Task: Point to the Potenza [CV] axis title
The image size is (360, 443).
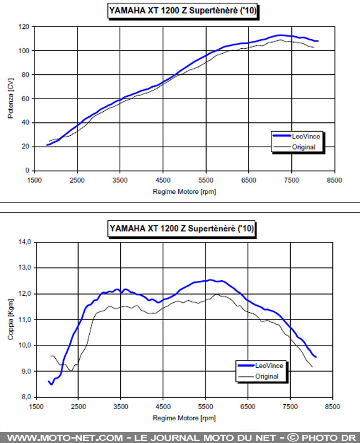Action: [x=10, y=99]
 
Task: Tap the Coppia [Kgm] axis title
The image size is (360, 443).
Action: [x=10, y=320]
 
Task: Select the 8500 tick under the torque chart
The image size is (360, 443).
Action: [x=333, y=406]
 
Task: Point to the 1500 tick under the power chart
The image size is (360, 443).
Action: [x=34, y=180]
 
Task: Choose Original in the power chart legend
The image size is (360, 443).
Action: [x=302, y=147]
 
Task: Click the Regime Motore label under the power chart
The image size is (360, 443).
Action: [x=183, y=192]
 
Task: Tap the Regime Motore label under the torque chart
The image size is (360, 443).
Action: [x=183, y=418]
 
